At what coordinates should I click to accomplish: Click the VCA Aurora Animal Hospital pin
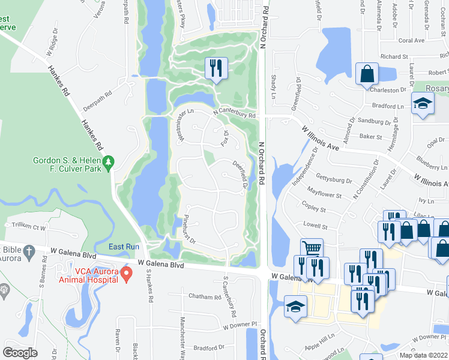(x=126, y=274)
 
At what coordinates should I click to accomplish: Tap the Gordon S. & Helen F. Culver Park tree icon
(x=108, y=162)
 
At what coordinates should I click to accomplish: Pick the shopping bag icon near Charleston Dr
(x=366, y=74)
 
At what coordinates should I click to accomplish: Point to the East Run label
(x=124, y=247)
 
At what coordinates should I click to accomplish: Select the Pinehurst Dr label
(x=190, y=229)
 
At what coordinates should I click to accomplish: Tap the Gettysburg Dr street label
(x=333, y=180)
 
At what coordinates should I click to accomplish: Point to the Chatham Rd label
(x=205, y=296)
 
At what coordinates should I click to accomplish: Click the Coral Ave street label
(x=411, y=41)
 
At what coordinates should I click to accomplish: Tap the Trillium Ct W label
(x=25, y=227)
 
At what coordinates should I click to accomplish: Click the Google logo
(x=20, y=352)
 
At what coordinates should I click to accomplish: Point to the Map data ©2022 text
(x=423, y=355)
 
